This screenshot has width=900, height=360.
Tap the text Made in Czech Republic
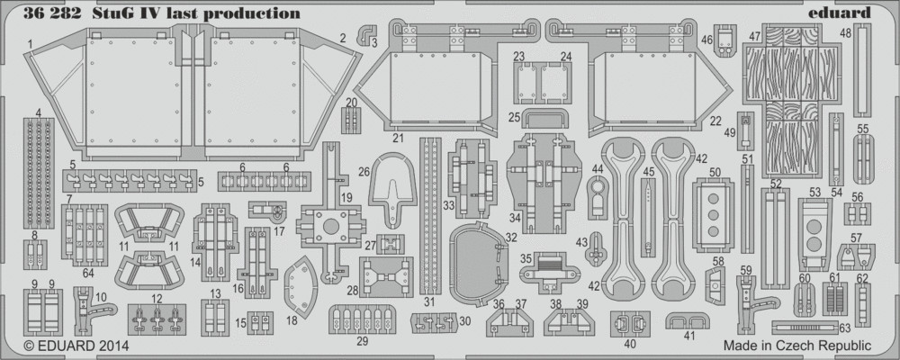click(x=797, y=346)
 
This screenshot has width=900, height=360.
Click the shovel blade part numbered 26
click(x=395, y=183)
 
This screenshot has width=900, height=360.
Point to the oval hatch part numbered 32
click(x=476, y=264)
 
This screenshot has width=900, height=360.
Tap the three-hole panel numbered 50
click(x=714, y=215)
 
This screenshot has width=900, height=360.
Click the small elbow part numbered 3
click(x=367, y=34)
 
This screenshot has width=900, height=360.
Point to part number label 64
click(x=88, y=274)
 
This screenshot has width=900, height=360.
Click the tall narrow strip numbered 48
click(x=862, y=69)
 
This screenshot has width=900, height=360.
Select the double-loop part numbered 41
click(x=688, y=321)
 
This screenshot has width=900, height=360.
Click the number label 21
click(x=397, y=138)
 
